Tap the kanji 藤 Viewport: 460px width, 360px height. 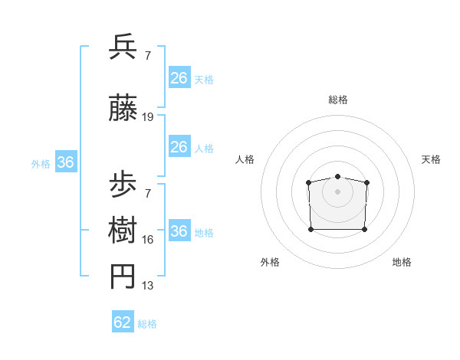(123, 110)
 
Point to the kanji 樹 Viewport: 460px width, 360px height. (123, 231)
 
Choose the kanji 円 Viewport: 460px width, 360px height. (123, 277)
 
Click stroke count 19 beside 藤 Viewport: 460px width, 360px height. (148, 117)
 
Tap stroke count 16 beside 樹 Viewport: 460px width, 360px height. (148, 240)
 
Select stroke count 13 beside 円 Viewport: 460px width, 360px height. (148, 286)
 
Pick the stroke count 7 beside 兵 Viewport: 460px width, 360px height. (148, 55)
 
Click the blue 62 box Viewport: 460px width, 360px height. (123, 322)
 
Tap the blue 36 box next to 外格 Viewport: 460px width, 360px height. (65, 162)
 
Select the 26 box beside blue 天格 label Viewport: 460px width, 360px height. (179, 78)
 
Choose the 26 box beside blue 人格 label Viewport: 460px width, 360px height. (179, 147)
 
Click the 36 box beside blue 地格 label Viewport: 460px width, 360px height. (179, 231)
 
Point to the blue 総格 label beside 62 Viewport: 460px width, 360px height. (147, 324)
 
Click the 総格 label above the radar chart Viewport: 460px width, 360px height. (337, 100)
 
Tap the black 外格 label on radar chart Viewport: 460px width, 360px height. (270, 262)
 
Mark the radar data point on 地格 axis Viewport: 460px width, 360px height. (364, 229)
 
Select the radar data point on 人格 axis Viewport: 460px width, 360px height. (308, 182)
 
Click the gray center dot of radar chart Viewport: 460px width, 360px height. (337, 191)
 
